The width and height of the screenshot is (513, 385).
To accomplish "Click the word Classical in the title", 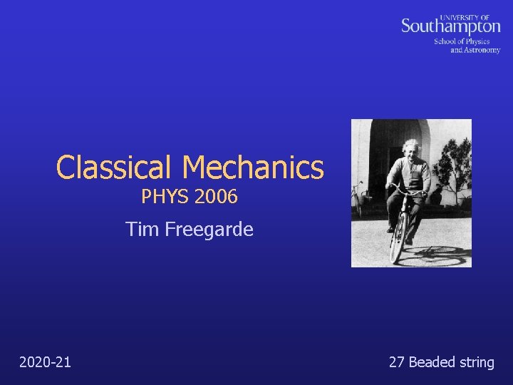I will click(x=115, y=168).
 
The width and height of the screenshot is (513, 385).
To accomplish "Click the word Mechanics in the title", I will click(x=253, y=168).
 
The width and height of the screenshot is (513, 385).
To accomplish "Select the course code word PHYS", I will click(x=162, y=196).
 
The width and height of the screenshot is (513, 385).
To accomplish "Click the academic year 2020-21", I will click(x=45, y=362).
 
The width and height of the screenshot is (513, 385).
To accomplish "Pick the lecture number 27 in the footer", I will click(x=397, y=362).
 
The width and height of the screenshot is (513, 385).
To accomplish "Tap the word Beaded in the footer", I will click(x=432, y=362).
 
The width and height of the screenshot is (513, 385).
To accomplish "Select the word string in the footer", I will click(x=477, y=362).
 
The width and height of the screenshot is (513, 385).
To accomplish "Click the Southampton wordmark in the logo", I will click(x=450, y=27).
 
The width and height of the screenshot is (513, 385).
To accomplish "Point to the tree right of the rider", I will click(x=454, y=164).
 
